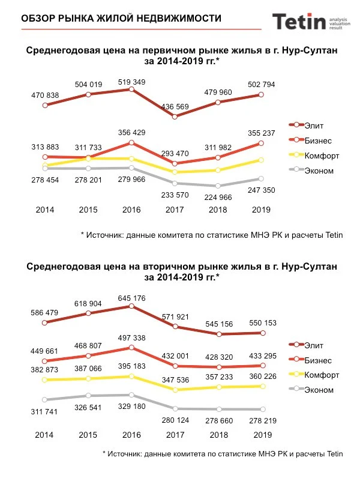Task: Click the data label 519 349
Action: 131,80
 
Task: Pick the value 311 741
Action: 46,412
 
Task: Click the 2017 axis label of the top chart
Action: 175,210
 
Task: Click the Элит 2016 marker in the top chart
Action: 131,89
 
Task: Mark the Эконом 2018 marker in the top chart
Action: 218,186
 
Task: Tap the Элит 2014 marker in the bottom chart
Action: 45,322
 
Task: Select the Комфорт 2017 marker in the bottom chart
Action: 175,390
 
